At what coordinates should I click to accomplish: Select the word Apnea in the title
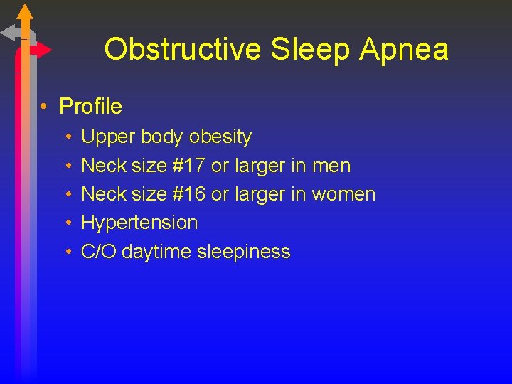(405, 50)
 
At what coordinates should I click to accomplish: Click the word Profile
(90, 107)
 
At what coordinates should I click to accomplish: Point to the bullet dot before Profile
(44, 107)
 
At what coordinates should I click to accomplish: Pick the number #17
(188, 166)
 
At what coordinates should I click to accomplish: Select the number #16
(188, 194)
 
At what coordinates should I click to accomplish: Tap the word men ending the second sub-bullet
(331, 166)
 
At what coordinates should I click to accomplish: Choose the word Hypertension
(139, 223)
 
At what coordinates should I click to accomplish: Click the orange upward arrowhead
(25, 12)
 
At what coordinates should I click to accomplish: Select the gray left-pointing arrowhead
(9, 32)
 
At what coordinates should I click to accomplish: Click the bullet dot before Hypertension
(68, 223)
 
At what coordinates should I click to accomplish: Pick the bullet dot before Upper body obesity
(68, 137)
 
